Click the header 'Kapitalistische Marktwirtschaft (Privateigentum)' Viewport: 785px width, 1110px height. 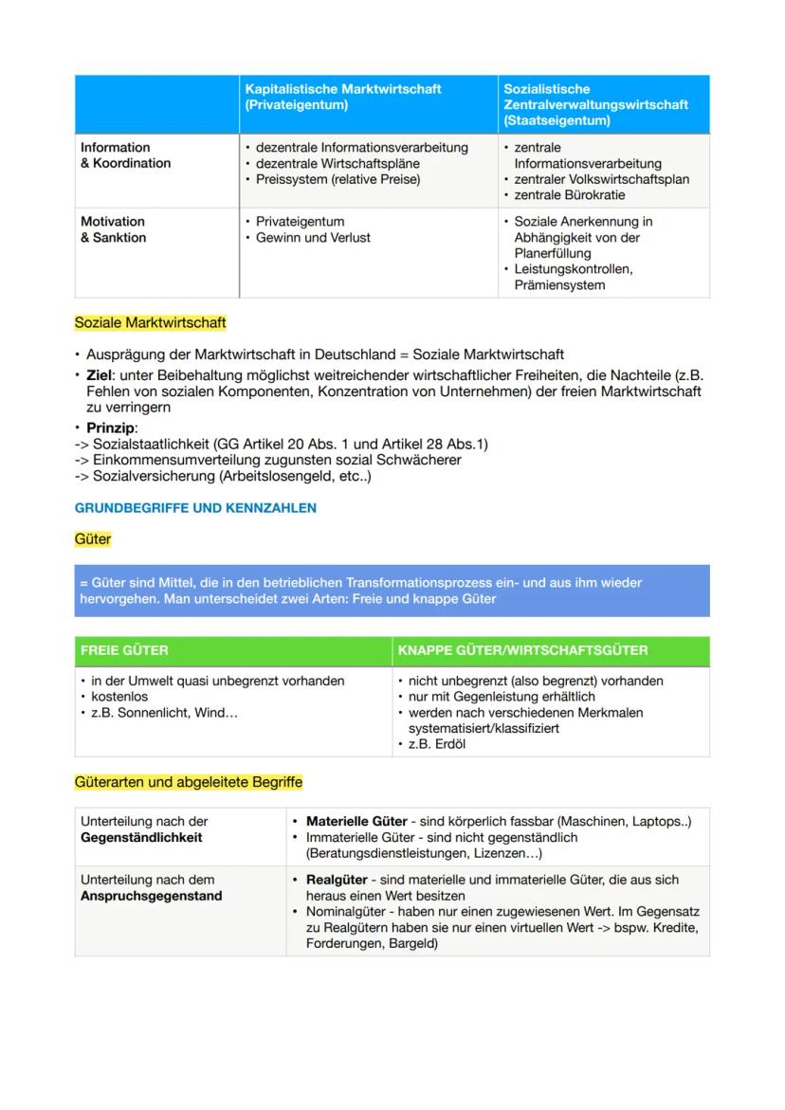click(x=342, y=97)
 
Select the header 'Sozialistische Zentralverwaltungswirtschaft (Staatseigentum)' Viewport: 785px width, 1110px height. click(x=595, y=104)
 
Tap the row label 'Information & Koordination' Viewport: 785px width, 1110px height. click(x=125, y=155)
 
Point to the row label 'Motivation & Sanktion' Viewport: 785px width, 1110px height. click(x=113, y=229)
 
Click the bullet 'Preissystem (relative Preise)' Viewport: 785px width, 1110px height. click(x=338, y=179)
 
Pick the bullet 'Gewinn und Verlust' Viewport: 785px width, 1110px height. click(x=313, y=238)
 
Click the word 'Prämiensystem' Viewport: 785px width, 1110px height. click(x=559, y=285)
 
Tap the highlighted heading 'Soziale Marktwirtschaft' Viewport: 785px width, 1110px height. click(x=150, y=323)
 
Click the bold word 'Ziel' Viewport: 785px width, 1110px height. click(x=100, y=377)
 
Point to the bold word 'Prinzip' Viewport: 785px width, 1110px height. click(x=109, y=428)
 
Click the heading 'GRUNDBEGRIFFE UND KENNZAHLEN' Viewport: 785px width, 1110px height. click(x=195, y=508)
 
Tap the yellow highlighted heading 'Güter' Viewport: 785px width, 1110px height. click(x=93, y=539)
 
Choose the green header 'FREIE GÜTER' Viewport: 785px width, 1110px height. click(x=124, y=650)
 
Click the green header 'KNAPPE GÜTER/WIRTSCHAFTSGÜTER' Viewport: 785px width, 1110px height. click(x=522, y=650)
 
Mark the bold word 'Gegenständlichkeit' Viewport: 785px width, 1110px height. click(x=141, y=838)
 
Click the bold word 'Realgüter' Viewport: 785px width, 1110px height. click(x=338, y=881)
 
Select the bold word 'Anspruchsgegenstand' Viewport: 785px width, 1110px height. click(x=151, y=896)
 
